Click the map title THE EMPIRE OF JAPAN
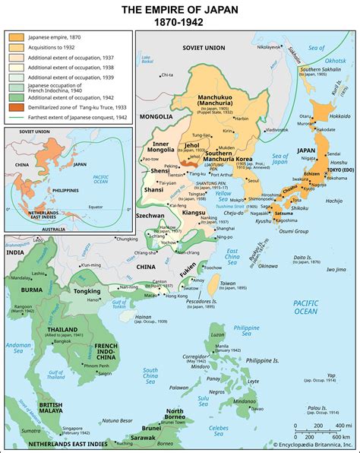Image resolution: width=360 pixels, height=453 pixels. [180, 8]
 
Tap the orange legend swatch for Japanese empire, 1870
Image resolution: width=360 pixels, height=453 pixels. [15, 36]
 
